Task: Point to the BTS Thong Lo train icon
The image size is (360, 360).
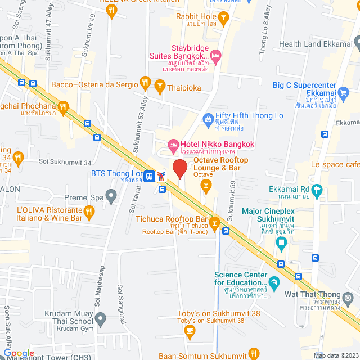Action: point(150,176)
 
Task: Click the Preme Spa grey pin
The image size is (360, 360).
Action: point(111,197)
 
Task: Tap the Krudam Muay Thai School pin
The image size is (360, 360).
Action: point(100,319)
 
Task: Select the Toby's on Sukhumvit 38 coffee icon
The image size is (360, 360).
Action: point(190,330)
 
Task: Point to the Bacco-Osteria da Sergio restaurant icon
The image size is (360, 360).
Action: point(145,84)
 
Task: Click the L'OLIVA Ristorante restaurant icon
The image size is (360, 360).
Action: point(89,212)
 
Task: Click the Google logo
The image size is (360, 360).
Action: point(19,353)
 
